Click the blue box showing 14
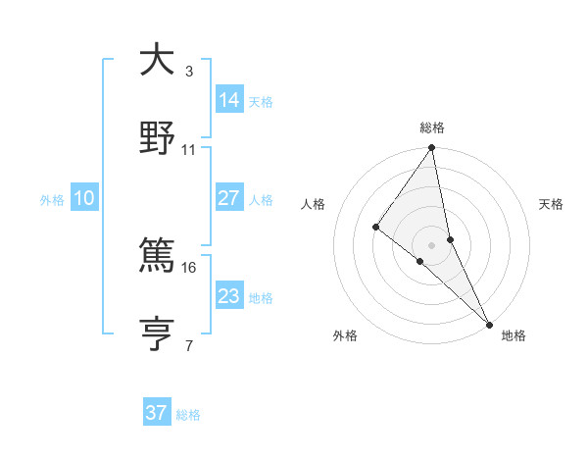coord(229,99)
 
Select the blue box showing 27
coord(229,198)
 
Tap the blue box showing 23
coord(229,296)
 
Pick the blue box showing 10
coord(84,198)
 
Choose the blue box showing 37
coord(157,413)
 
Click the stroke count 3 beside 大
coord(189,72)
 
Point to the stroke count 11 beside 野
coord(189,150)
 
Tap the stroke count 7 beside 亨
coord(189,346)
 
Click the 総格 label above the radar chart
coord(432,128)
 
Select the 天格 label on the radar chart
coord(551,204)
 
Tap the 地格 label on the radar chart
coord(514,336)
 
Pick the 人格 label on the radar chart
coord(314,204)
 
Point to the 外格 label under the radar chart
coord(345,336)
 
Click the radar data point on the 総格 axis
coord(432,148)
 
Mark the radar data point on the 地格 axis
coord(489,322)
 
